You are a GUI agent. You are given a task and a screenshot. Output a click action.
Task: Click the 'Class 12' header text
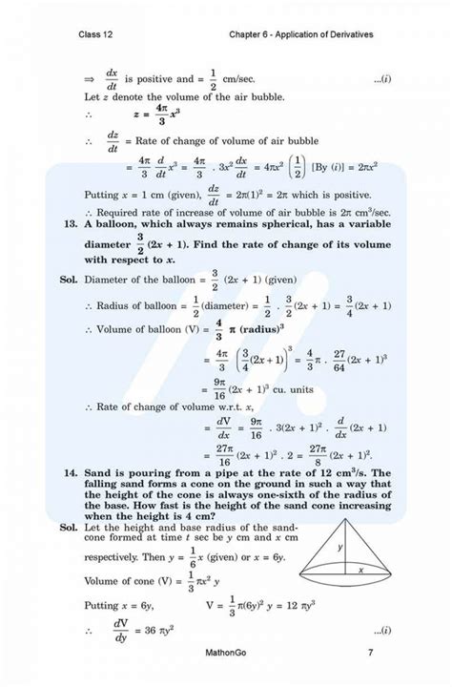pos(100,34)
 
